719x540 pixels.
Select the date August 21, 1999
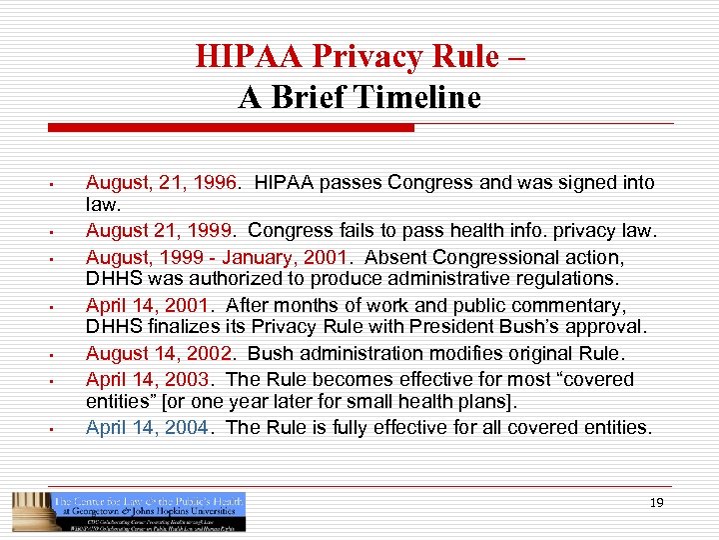pyautogui.click(x=158, y=232)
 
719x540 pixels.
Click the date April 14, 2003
pyautogui.click(x=147, y=379)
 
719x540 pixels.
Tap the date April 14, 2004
pyautogui.click(x=147, y=427)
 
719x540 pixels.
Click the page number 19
pyautogui.click(x=656, y=503)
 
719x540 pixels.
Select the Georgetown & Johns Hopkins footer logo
pyautogui.click(x=129, y=511)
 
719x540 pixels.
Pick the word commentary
pyautogui.click(x=591, y=305)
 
